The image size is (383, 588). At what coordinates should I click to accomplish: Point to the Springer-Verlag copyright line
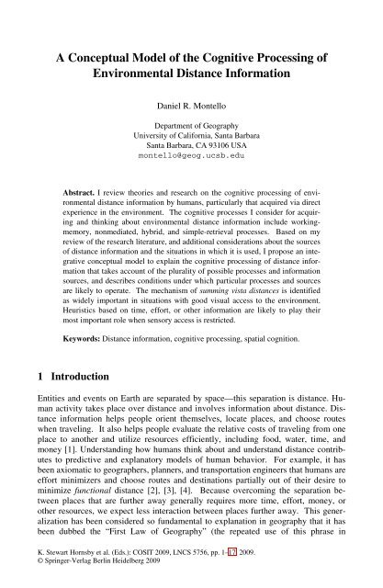click(x=96, y=581)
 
